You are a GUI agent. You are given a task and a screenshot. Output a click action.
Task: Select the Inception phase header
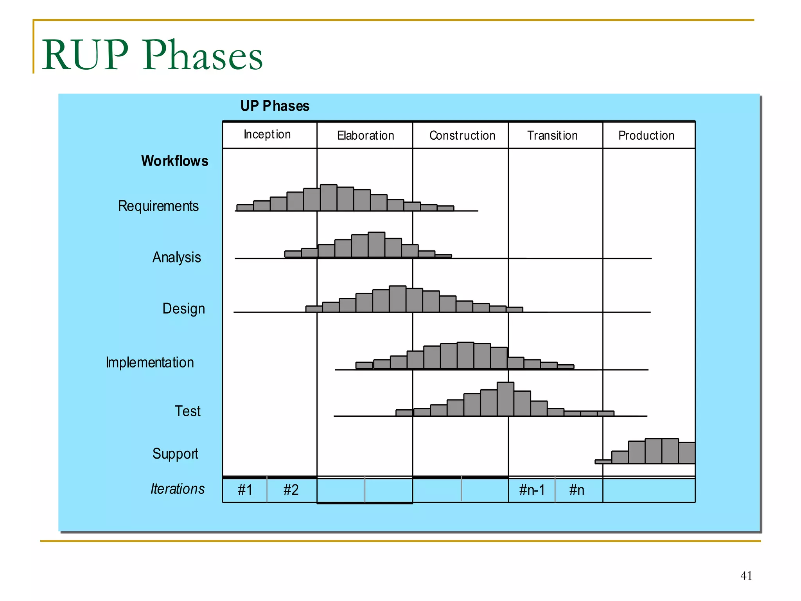click(x=268, y=135)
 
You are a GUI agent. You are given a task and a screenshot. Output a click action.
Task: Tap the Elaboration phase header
click(x=365, y=136)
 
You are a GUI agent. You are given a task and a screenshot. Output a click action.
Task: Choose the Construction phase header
click(x=462, y=136)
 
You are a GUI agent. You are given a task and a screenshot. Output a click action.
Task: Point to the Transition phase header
click(x=552, y=136)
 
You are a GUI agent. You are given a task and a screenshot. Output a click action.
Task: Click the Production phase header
click(x=646, y=136)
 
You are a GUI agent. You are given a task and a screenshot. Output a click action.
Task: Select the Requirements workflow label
click(x=158, y=206)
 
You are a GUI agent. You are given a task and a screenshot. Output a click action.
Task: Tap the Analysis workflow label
click(x=177, y=257)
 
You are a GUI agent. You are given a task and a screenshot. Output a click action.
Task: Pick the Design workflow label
click(x=183, y=309)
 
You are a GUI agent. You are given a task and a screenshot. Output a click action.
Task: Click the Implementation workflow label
click(x=150, y=363)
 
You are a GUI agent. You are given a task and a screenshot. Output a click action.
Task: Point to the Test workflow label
click(x=187, y=411)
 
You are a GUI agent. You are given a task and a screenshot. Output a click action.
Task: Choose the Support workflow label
click(x=175, y=454)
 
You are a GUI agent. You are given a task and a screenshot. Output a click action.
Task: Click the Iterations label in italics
click(x=178, y=489)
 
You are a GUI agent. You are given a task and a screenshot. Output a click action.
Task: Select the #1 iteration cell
click(x=245, y=490)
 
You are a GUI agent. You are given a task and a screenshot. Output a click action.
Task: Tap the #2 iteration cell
click(x=291, y=490)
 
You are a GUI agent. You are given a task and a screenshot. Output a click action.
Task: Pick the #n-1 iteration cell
click(x=532, y=490)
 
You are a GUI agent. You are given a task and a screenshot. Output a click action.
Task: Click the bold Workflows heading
click(x=174, y=161)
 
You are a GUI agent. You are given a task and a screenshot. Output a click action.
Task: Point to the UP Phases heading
click(x=275, y=106)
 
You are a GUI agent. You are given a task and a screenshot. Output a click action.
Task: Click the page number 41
click(x=746, y=576)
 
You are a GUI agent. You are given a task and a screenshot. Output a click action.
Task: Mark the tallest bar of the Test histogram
click(x=505, y=399)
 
